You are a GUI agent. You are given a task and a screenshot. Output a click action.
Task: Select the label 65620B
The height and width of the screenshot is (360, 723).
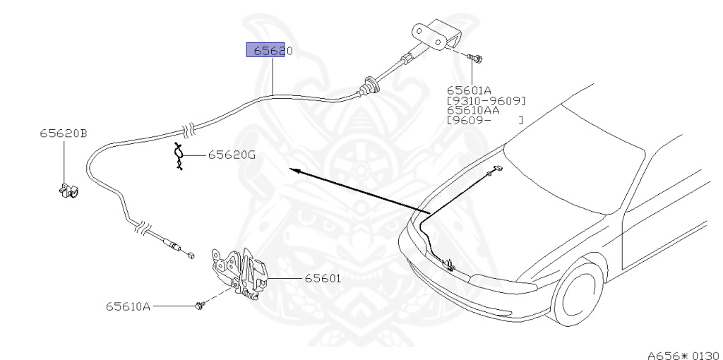click(64, 133)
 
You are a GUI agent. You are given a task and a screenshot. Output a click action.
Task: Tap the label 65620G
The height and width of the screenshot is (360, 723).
click(232, 155)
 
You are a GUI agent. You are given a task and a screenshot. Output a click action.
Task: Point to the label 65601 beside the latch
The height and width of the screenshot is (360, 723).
click(323, 279)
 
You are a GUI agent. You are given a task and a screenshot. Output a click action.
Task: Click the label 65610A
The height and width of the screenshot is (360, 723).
click(128, 306)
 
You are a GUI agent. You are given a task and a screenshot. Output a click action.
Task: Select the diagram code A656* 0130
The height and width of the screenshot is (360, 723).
click(681, 354)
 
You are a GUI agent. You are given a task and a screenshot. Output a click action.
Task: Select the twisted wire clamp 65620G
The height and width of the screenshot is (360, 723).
click(180, 157)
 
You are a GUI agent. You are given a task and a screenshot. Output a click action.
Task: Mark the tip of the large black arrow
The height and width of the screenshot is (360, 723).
click(292, 170)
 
